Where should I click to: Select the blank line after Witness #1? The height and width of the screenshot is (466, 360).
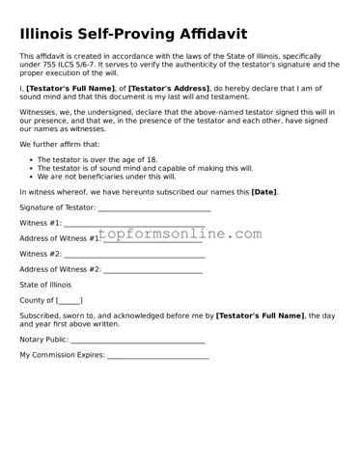click(134, 225)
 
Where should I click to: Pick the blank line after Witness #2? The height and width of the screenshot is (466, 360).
click(134, 255)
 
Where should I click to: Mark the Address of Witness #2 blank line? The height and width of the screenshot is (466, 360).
click(152, 270)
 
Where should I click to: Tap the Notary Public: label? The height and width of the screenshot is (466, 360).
click(44, 341)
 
